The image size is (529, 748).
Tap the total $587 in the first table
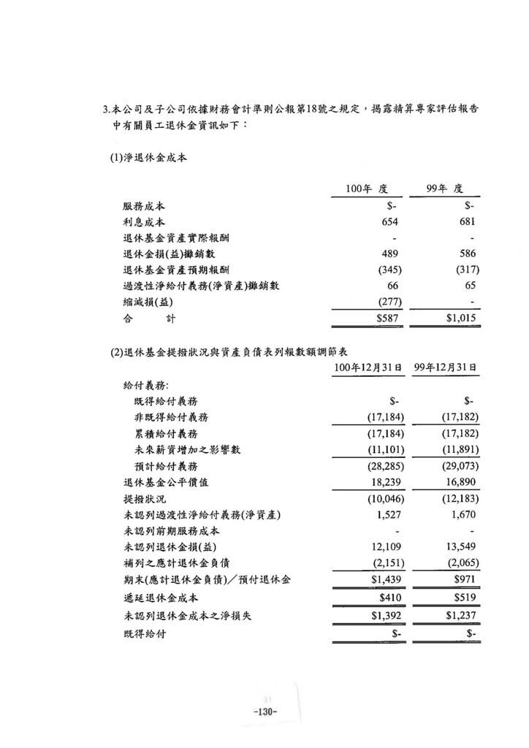(387, 318)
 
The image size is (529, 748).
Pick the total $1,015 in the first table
(461, 318)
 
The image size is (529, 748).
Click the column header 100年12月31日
(368, 367)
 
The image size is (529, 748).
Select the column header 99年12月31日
(445, 367)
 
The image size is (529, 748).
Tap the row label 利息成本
(144, 222)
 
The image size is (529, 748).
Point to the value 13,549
(460, 546)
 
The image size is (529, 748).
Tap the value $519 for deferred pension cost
(464, 598)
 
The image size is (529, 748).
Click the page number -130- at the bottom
(264, 712)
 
